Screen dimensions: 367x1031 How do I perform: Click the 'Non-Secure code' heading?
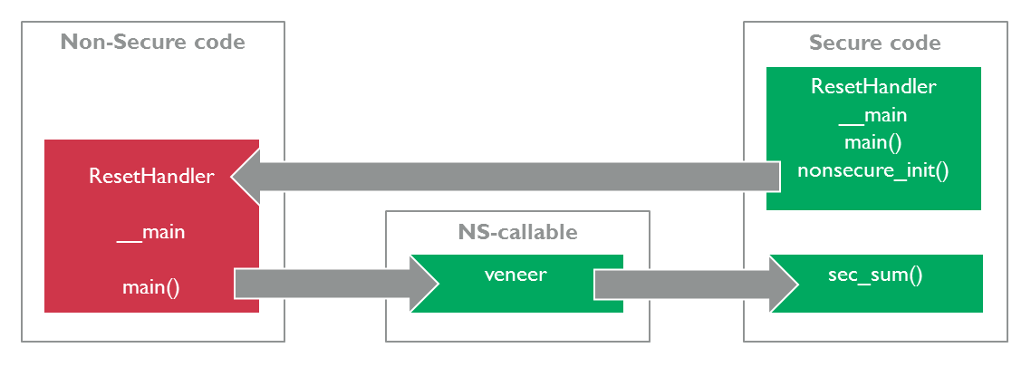click(x=152, y=43)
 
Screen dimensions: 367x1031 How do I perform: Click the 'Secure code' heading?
click(x=874, y=43)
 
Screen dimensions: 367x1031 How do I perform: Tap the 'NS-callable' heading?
click(x=517, y=232)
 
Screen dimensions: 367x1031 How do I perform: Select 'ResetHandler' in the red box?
click(x=151, y=176)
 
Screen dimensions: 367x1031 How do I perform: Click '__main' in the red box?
click(x=151, y=232)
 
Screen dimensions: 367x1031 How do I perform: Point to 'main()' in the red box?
click(x=151, y=287)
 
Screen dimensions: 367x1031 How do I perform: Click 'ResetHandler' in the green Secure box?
click(x=873, y=87)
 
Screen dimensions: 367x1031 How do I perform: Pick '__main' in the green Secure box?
click(x=873, y=115)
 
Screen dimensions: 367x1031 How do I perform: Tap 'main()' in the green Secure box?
click(x=873, y=143)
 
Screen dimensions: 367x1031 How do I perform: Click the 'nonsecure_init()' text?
click(x=873, y=171)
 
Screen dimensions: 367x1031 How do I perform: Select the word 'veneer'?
click(x=515, y=275)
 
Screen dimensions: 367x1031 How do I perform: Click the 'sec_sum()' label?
click(x=875, y=275)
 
